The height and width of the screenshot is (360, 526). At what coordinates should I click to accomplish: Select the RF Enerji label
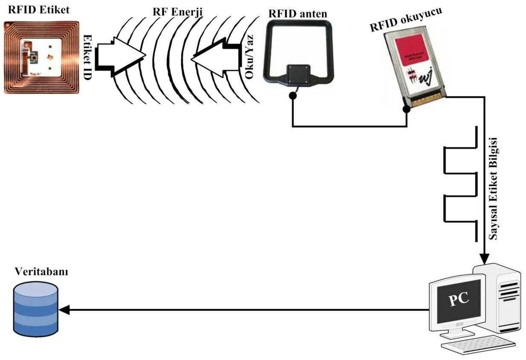coord(177,12)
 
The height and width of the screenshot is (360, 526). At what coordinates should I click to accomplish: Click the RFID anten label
coord(297,13)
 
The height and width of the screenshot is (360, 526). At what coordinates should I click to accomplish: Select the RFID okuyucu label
coord(405,19)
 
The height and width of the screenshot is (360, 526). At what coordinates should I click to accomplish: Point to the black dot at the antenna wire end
coord(293,96)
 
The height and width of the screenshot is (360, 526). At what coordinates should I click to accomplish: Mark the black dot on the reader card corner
coord(407,109)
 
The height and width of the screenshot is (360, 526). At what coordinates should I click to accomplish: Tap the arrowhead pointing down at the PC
coord(484,258)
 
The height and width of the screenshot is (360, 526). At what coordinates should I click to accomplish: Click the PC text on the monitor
coord(459,298)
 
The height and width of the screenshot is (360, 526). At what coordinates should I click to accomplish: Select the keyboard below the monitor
coord(478,344)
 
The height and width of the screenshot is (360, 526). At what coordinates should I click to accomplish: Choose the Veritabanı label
coord(41,271)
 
